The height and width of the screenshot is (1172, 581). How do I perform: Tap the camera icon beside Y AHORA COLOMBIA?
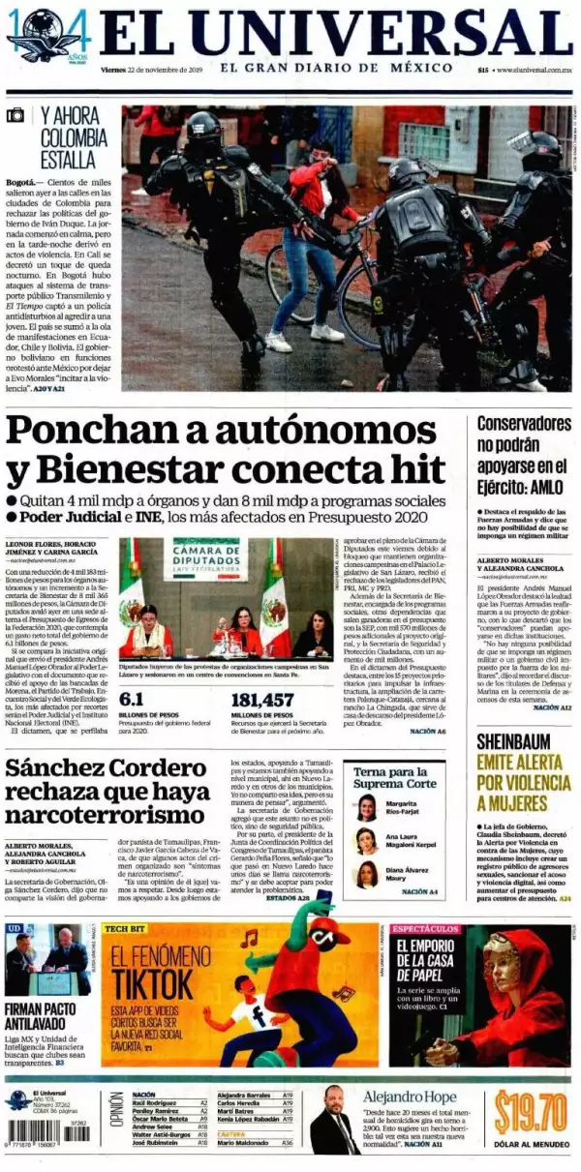(15, 115)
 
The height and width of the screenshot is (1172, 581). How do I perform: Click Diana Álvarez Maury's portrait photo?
(367, 876)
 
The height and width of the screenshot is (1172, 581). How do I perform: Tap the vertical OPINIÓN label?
(115, 1116)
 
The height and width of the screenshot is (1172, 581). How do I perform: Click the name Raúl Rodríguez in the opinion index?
(154, 1102)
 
